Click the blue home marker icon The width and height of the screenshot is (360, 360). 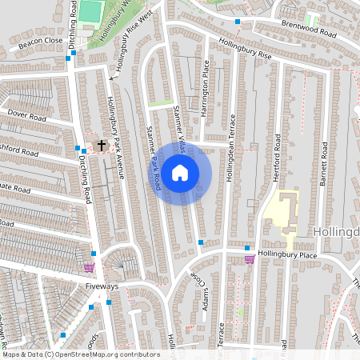pyautogui.click(x=180, y=172)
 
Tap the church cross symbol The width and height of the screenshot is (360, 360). pyautogui.click(x=102, y=146)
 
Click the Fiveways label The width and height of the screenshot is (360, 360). pyautogui.click(x=102, y=286)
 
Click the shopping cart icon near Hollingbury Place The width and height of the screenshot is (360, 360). pyautogui.click(x=250, y=258)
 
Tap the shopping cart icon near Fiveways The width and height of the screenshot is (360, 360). pyautogui.click(x=89, y=268)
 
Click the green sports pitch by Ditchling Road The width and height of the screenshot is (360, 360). pyautogui.click(x=91, y=11)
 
